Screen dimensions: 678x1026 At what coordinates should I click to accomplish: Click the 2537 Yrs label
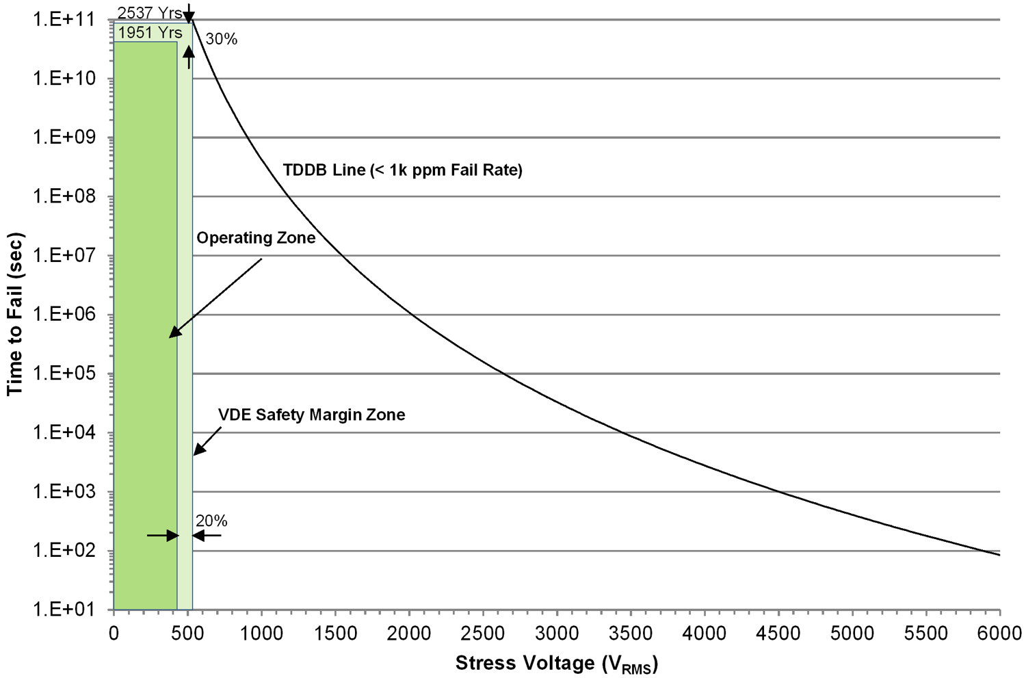[149, 12]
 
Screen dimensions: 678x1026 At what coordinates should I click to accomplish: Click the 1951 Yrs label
[150, 32]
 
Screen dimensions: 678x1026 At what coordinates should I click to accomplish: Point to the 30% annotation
[222, 40]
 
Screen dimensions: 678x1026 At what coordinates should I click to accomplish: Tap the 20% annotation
[211, 521]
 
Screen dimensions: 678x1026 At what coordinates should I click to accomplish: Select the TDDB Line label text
[402, 170]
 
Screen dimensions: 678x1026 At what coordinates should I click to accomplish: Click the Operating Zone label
[256, 237]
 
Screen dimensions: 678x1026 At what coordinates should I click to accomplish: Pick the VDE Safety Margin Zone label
[311, 415]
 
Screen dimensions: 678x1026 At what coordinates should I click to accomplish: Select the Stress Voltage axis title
[556, 663]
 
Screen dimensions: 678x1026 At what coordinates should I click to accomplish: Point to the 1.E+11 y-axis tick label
[63, 19]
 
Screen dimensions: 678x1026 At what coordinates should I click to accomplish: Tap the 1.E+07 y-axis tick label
[63, 255]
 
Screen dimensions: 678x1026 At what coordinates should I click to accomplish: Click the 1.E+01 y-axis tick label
[63, 609]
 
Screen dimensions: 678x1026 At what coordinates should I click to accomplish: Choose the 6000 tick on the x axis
[999, 633]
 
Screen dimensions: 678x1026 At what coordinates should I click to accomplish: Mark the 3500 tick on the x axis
[630, 633]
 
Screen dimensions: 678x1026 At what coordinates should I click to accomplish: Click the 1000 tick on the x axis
[261, 633]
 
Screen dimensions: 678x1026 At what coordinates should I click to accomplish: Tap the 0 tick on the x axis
[114, 633]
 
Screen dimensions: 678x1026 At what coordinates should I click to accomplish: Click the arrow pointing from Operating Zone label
[215, 298]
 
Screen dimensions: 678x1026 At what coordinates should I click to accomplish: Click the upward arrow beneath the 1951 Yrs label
[189, 59]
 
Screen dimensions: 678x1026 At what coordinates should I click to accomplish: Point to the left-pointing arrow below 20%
[207, 536]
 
